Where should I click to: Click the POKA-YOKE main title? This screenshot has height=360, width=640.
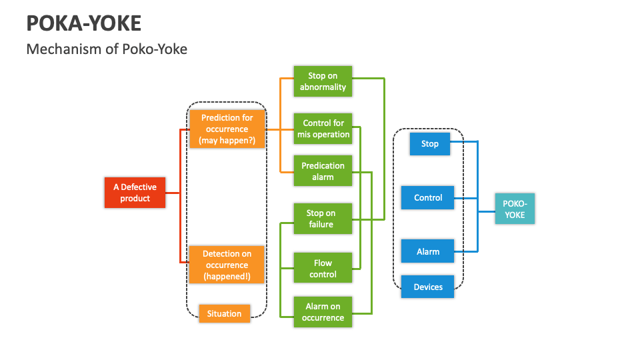pyautogui.click(x=84, y=23)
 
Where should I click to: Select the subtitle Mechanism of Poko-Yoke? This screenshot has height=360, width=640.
pyautogui.click(x=107, y=49)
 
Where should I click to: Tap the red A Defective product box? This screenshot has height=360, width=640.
pyautogui.click(x=135, y=193)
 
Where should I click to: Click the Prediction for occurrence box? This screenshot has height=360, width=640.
pyautogui.click(x=227, y=129)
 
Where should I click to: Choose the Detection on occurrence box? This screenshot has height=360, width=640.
pyautogui.click(x=227, y=265)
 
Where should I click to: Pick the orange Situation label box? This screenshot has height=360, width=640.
pyautogui.click(x=224, y=313)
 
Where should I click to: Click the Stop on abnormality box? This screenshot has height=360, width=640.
pyautogui.click(x=323, y=81)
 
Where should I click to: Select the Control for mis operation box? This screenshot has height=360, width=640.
pyautogui.click(x=323, y=129)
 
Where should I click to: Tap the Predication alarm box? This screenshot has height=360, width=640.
pyautogui.click(x=323, y=171)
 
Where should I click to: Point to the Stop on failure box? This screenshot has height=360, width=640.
pyautogui.click(x=323, y=219)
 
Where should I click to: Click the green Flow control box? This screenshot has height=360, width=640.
pyautogui.click(x=323, y=269)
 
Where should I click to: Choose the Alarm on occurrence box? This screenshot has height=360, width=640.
pyautogui.click(x=323, y=312)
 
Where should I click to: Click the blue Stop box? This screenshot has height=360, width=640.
pyautogui.click(x=430, y=143)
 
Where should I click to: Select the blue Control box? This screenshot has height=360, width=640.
pyautogui.click(x=428, y=197)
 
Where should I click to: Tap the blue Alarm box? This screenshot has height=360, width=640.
pyautogui.click(x=428, y=251)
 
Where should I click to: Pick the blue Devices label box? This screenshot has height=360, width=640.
pyautogui.click(x=428, y=287)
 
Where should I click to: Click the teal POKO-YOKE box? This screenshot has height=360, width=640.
pyautogui.click(x=514, y=209)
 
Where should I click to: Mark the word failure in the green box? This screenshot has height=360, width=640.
pyautogui.click(x=321, y=225)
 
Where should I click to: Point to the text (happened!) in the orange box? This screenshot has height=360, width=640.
pyautogui.click(x=227, y=276)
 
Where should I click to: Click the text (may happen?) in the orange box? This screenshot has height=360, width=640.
pyautogui.click(x=227, y=141)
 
